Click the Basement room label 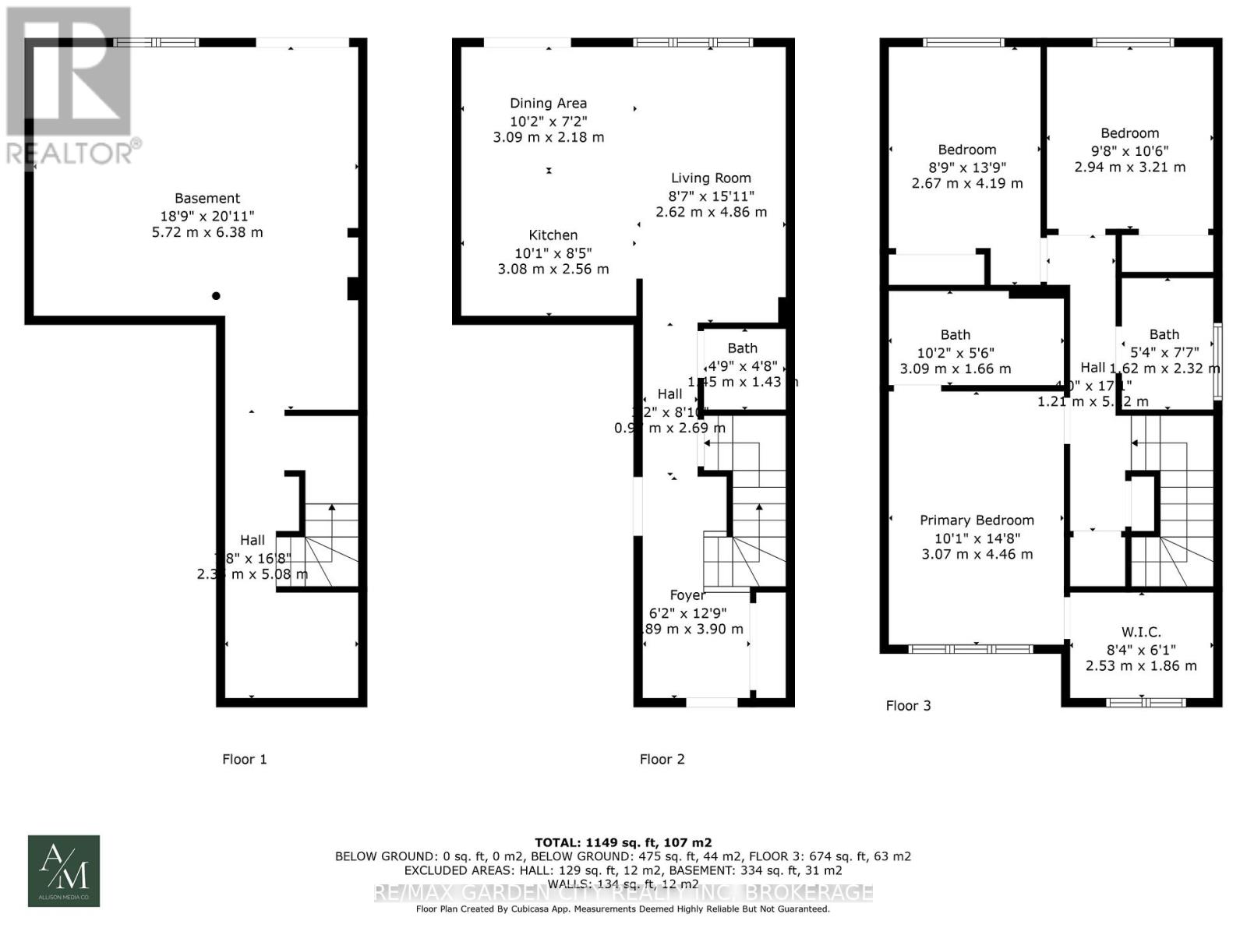pyautogui.click(x=207, y=199)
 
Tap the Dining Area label pyautogui.click(x=548, y=103)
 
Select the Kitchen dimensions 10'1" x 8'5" pyautogui.click(x=553, y=252)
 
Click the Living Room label pyautogui.click(x=711, y=178)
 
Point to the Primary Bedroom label pyautogui.click(x=977, y=520)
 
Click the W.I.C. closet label pyautogui.click(x=1141, y=632)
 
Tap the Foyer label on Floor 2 pyautogui.click(x=687, y=595)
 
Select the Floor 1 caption pyautogui.click(x=245, y=759)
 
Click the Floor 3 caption pyautogui.click(x=908, y=706)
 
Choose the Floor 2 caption pyautogui.click(x=662, y=759)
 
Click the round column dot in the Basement pyautogui.click(x=216, y=296)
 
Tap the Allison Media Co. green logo pyautogui.click(x=64, y=870)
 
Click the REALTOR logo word pyautogui.click(x=70, y=153)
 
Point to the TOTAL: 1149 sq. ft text pyautogui.click(x=623, y=842)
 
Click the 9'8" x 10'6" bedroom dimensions pyautogui.click(x=1129, y=150)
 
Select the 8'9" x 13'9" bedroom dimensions pyautogui.click(x=966, y=167)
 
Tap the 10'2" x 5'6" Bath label pyautogui.click(x=955, y=335)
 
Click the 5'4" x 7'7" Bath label pyautogui.click(x=1164, y=335)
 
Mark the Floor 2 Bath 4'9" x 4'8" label pyautogui.click(x=743, y=348)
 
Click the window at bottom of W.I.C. pyautogui.click(x=1146, y=702)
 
